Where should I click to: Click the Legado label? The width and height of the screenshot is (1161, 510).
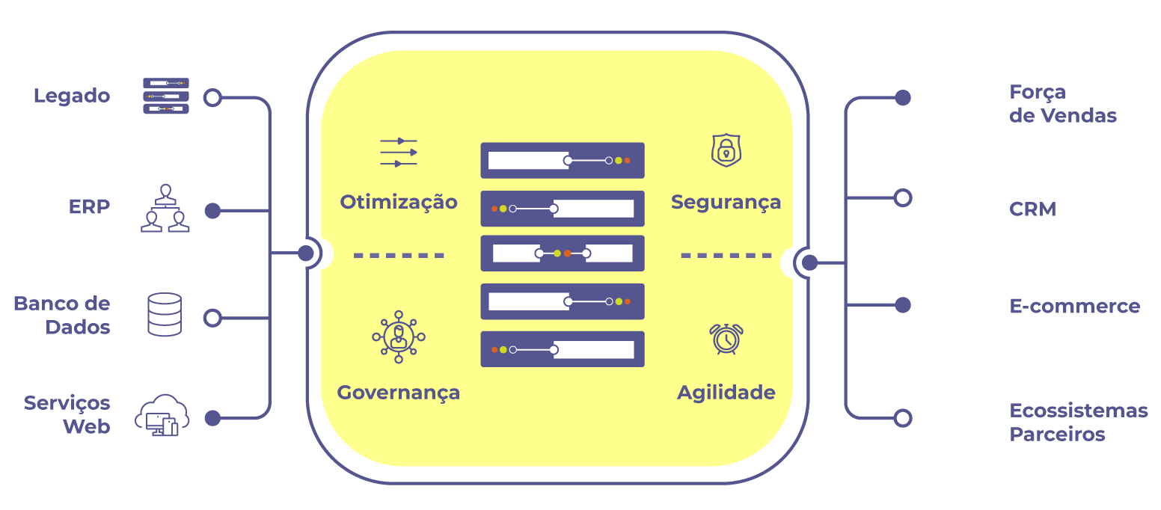pyautogui.click(x=72, y=96)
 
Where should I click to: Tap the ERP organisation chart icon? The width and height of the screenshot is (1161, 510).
pyautogui.click(x=165, y=209)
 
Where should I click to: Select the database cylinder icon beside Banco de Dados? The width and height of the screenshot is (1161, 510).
pyautogui.click(x=165, y=314)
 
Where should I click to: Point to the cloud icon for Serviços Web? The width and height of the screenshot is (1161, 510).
pyautogui.click(x=162, y=415)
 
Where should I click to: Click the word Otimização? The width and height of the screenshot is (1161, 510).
pyautogui.click(x=398, y=202)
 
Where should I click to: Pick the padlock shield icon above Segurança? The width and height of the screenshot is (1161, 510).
pyautogui.click(x=725, y=150)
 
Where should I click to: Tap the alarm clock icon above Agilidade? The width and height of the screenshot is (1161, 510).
pyautogui.click(x=726, y=338)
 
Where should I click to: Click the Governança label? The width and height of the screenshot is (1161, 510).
pyautogui.click(x=398, y=393)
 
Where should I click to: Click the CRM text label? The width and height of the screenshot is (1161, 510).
pyautogui.click(x=1032, y=209)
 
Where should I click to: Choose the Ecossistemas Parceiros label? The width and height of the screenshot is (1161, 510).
pyautogui.click(x=1078, y=423)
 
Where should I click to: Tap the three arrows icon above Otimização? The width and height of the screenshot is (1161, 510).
pyautogui.click(x=398, y=152)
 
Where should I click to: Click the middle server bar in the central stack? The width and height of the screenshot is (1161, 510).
pyautogui.click(x=562, y=254)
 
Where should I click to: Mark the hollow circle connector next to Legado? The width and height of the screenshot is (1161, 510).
pyautogui.click(x=213, y=98)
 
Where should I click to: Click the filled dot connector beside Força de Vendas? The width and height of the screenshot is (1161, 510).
pyautogui.click(x=903, y=98)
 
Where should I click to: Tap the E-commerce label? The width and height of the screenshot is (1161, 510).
pyautogui.click(x=1074, y=306)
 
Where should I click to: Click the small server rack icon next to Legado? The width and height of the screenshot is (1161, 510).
pyautogui.click(x=165, y=96)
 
